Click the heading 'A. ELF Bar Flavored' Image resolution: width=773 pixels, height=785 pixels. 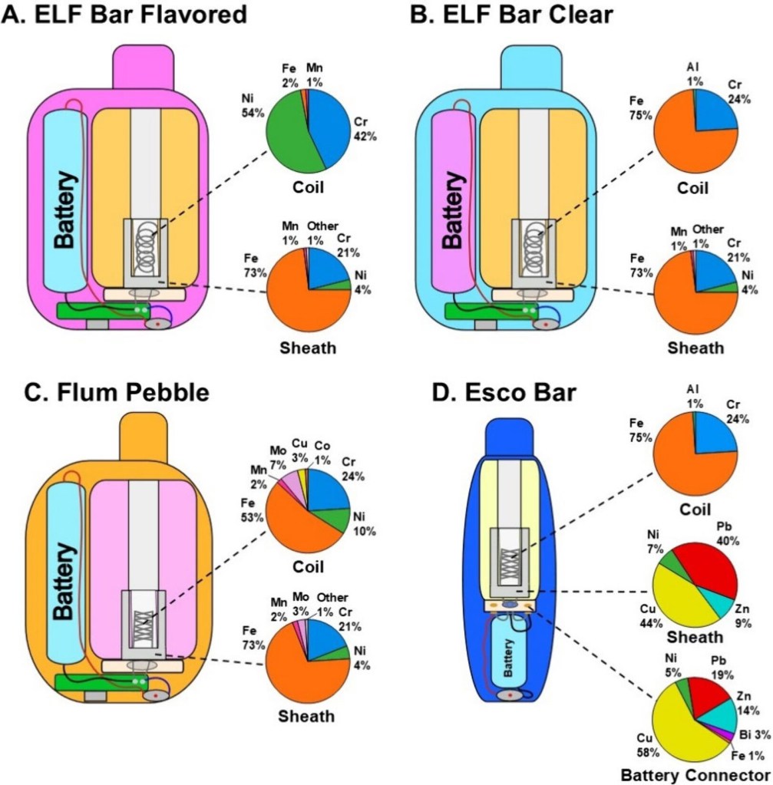click(x=126, y=15)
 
